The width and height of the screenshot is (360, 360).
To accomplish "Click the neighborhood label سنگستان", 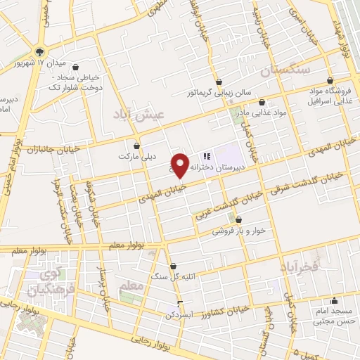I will [283, 71].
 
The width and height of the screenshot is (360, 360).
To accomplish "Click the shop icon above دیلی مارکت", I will [136, 146].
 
